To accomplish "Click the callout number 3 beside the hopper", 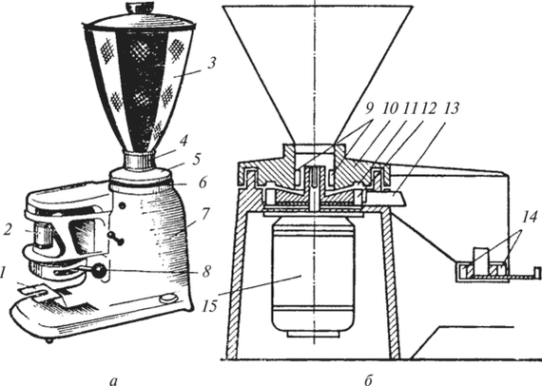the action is pos(211,64).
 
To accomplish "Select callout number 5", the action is pos(196,159).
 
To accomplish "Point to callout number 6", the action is pos(203,183).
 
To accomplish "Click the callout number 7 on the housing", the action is pos(205,214).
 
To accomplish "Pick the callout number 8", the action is pos(206,271).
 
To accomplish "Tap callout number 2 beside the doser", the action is pos(8,229).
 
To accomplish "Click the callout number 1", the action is pos(4,274).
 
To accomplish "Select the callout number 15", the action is pos(210,306).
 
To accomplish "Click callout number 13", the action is pos(451,108).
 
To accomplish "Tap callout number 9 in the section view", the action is pos(369,108).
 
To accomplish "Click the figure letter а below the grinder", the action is pos(114,380).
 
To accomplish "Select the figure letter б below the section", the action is pos(368,379).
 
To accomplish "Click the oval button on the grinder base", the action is pos(168,298).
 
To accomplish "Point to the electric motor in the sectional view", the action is pos(313,278).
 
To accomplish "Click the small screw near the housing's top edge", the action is pos(122,205).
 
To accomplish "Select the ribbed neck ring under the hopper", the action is pos(140,160).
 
